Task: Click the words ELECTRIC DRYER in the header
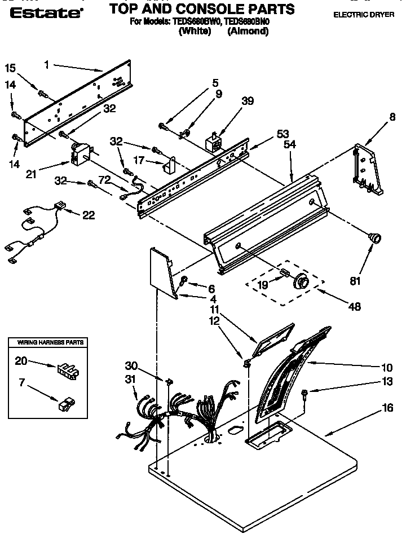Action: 363,15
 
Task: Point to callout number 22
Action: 88,215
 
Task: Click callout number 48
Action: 355,307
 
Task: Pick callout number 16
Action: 387,407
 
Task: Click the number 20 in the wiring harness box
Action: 21,360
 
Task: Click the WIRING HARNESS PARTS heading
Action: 51,342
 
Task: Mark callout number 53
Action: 283,134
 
